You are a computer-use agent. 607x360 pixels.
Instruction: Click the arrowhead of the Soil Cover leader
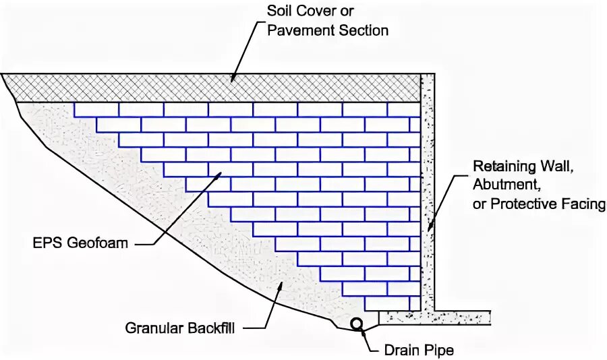tap(233, 80)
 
